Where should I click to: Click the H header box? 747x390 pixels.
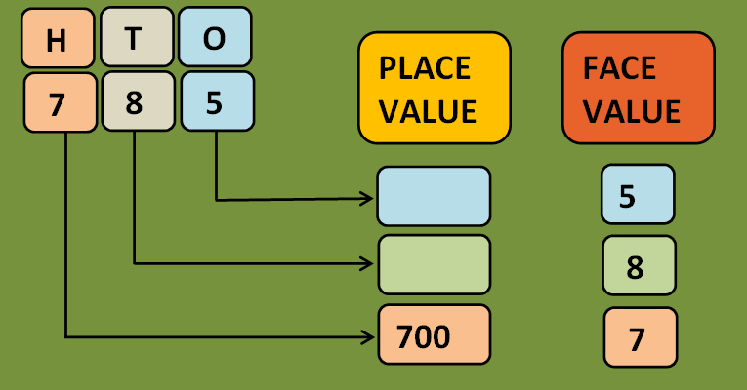coord(57,40)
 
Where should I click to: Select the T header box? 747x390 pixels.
coord(136,38)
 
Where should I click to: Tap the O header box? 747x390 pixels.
coord(215,38)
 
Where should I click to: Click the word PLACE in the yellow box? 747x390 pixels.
coord(425,69)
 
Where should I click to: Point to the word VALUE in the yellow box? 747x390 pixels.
coord(428,111)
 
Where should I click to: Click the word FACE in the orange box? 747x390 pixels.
coord(618,69)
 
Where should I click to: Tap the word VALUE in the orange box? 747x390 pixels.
coord(632,111)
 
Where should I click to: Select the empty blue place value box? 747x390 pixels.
coord(434,196)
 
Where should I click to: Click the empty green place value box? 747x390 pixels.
coord(434,264)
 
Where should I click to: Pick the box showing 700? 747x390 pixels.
coord(434,336)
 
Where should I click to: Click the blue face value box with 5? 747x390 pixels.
coord(637,195)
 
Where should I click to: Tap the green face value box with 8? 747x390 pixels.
coord(639,265)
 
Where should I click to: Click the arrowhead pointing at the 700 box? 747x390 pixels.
coord(369,336)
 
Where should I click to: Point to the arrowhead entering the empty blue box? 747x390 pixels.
coord(369,199)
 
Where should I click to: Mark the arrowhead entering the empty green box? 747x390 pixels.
coord(369,262)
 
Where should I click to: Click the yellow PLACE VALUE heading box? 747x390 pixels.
coord(435,89)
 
